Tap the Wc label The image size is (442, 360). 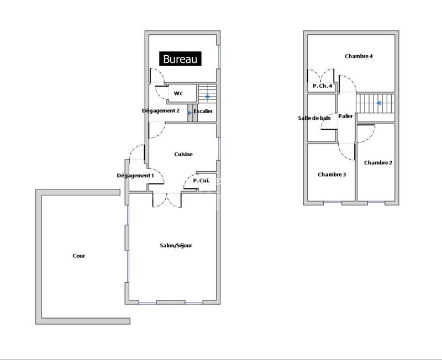point(178,93)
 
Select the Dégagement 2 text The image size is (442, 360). point(161,110)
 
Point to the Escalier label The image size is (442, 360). point(203,112)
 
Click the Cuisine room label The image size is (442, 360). point(183,154)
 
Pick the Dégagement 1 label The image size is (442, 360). point(135,176)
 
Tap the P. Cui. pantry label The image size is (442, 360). point(201,180)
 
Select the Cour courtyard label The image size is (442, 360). point(78,256)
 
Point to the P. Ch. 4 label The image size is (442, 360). point(322,86)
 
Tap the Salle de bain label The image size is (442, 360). point(314,118)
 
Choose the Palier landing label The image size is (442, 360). point(346,116)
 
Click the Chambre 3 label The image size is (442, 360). point(331,174)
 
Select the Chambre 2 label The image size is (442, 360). point(378,162)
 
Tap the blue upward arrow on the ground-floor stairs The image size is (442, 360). point(207,97)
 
